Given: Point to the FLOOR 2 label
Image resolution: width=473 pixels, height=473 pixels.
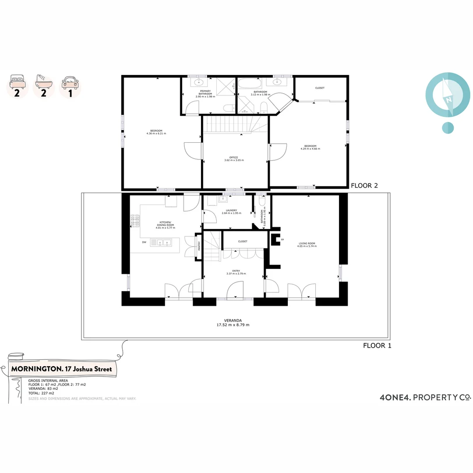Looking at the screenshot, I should [364, 185].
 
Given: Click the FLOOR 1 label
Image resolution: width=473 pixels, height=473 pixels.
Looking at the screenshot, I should [377, 345].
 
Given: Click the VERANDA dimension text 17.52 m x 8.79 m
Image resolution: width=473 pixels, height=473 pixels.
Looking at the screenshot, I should [233, 325].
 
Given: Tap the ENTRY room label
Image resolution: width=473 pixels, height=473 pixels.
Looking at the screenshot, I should [236, 271].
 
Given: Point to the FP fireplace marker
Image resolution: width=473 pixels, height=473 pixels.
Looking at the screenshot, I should [282, 240].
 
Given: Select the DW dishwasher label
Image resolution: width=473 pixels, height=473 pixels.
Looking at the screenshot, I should [144, 242].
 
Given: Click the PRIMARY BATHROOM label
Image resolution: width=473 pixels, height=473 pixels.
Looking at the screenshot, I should [204, 93].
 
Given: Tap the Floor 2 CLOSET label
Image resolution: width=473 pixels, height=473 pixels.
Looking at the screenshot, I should [320, 88].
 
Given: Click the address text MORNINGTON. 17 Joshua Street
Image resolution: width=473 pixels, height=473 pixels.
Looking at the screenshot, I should [61, 369].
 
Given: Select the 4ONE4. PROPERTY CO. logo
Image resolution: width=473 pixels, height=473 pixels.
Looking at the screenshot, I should [425, 397].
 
